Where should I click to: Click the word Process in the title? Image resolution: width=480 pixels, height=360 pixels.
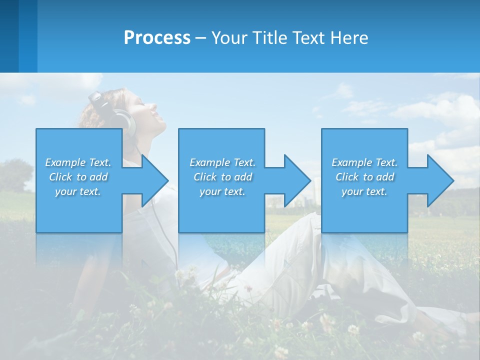(157, 38)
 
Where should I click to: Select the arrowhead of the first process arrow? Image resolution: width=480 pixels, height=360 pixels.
(154, 180)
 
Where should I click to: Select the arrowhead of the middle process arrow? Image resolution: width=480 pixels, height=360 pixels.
(297, 180)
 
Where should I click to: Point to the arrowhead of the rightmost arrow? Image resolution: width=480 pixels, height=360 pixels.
(440, 180)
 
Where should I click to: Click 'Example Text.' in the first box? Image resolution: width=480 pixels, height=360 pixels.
(78, 162)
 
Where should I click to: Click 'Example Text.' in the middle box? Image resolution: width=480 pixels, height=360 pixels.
(222, 162)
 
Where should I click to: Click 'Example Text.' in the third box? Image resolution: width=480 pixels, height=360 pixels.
(364, 162)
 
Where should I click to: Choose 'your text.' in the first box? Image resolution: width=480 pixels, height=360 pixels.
(78, 191)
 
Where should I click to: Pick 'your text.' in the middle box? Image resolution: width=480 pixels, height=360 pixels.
(222, 191)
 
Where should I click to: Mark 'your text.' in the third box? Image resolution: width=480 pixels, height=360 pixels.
(364, 191)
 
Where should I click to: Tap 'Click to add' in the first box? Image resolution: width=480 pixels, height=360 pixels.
(78, 177)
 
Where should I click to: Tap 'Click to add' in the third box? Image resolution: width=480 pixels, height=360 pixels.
(364, 177)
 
